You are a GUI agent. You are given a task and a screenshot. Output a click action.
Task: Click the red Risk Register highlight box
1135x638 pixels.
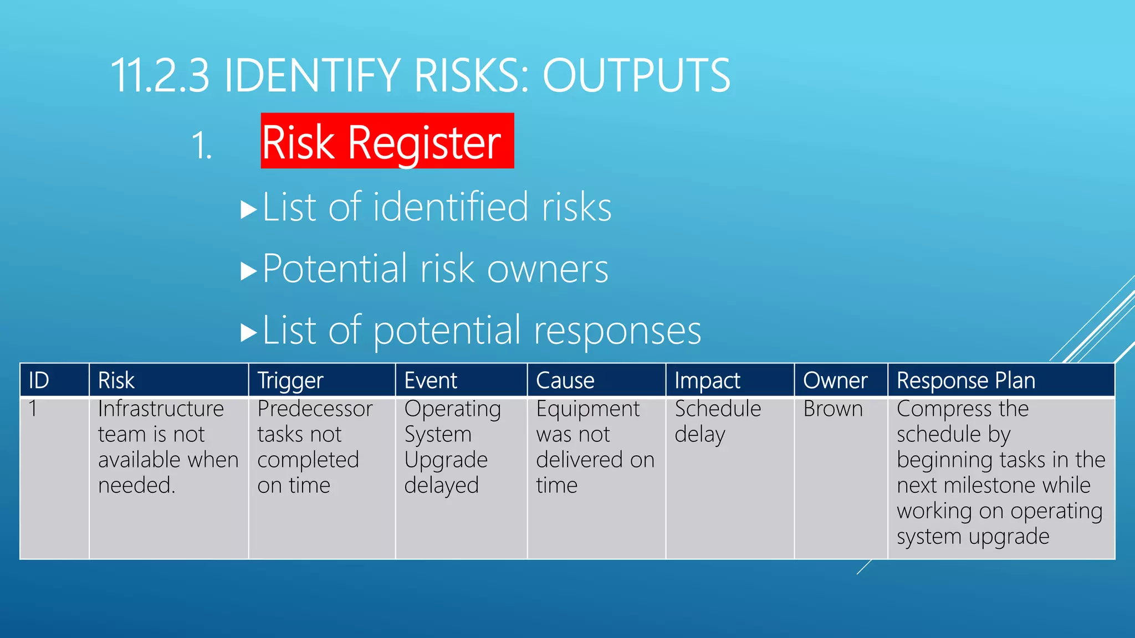point(387,141)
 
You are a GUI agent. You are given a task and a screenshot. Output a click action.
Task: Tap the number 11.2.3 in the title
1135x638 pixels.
point(160,75)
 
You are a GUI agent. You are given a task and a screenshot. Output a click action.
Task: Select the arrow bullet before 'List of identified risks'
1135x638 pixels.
point(249,210)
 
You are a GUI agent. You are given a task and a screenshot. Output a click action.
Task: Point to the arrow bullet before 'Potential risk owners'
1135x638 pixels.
point(249,271)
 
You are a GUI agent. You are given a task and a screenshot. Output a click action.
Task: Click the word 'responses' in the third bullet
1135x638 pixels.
point(617,331)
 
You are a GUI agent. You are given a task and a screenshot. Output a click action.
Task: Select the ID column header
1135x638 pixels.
point(39,380)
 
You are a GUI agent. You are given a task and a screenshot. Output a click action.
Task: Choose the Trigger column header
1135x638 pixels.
point(290,380)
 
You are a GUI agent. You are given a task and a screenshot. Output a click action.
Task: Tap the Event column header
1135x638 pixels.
point(431,380)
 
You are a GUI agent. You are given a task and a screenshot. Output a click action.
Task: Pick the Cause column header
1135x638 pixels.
point(565,380)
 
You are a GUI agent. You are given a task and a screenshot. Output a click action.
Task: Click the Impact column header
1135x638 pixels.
point(707,380)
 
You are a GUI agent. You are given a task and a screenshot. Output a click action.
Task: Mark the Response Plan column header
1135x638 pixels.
point(966,380)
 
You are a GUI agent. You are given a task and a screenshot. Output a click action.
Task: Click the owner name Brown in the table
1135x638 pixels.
point(833,409)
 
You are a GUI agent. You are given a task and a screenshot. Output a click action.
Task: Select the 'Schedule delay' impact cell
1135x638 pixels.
point(718,421)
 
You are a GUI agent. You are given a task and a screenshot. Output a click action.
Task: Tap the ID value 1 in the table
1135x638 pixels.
point(33,409)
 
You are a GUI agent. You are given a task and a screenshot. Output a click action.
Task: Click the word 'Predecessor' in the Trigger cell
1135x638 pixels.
point(315,409)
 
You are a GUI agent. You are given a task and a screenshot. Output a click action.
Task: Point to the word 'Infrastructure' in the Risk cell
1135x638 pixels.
point(161,409)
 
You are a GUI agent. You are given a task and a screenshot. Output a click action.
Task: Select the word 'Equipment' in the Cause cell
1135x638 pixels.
point(587,409)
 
